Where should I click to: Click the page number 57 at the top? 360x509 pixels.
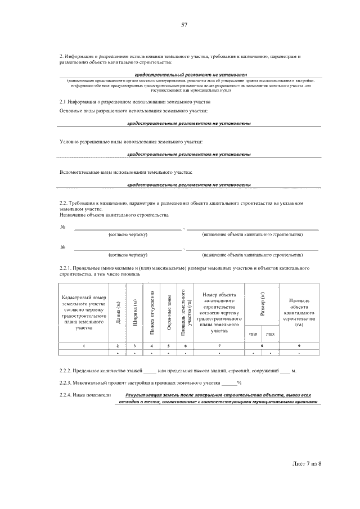pyautogui.click(x=183, y=25)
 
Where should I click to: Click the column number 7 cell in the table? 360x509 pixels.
pyautogui.click(x=219, y=345)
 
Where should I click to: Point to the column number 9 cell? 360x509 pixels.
pyautogui.click(x=299, y=345)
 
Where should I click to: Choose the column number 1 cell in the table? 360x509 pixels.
pyautogui.click(x=84, y=345)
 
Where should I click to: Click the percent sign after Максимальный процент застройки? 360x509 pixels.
pyautogui.click(x=239, y=383)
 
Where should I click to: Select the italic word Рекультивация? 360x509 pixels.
pyautogui.click(x=145, y=395)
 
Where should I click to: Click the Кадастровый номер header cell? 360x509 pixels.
pyautogui.click(x=84, y=313)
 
